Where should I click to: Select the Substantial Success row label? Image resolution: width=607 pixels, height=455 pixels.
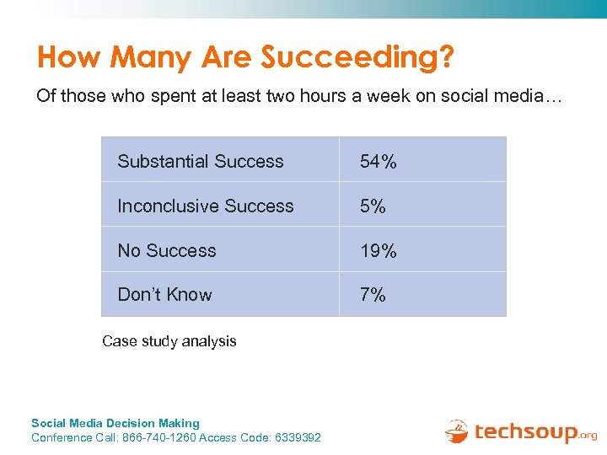201,161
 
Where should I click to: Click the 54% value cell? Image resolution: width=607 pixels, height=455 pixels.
378,162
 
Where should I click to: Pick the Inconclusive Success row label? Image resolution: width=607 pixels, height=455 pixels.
206,206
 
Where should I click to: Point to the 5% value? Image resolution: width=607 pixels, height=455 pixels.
373,206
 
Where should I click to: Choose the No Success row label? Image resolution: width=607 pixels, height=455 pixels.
167,250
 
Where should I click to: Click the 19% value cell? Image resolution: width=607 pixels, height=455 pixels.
378,251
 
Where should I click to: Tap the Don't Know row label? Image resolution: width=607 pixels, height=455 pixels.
164,294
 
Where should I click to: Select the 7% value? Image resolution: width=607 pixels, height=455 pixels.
373,295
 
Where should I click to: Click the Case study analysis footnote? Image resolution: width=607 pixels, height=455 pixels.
169,341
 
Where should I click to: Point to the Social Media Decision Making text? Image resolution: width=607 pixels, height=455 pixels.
115,423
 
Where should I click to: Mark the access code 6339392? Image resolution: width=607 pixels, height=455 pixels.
298,437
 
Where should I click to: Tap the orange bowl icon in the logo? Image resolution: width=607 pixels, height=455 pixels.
456,431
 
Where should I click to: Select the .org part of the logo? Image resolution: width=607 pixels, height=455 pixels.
588,436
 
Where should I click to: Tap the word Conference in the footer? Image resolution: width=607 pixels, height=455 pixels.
62,437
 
